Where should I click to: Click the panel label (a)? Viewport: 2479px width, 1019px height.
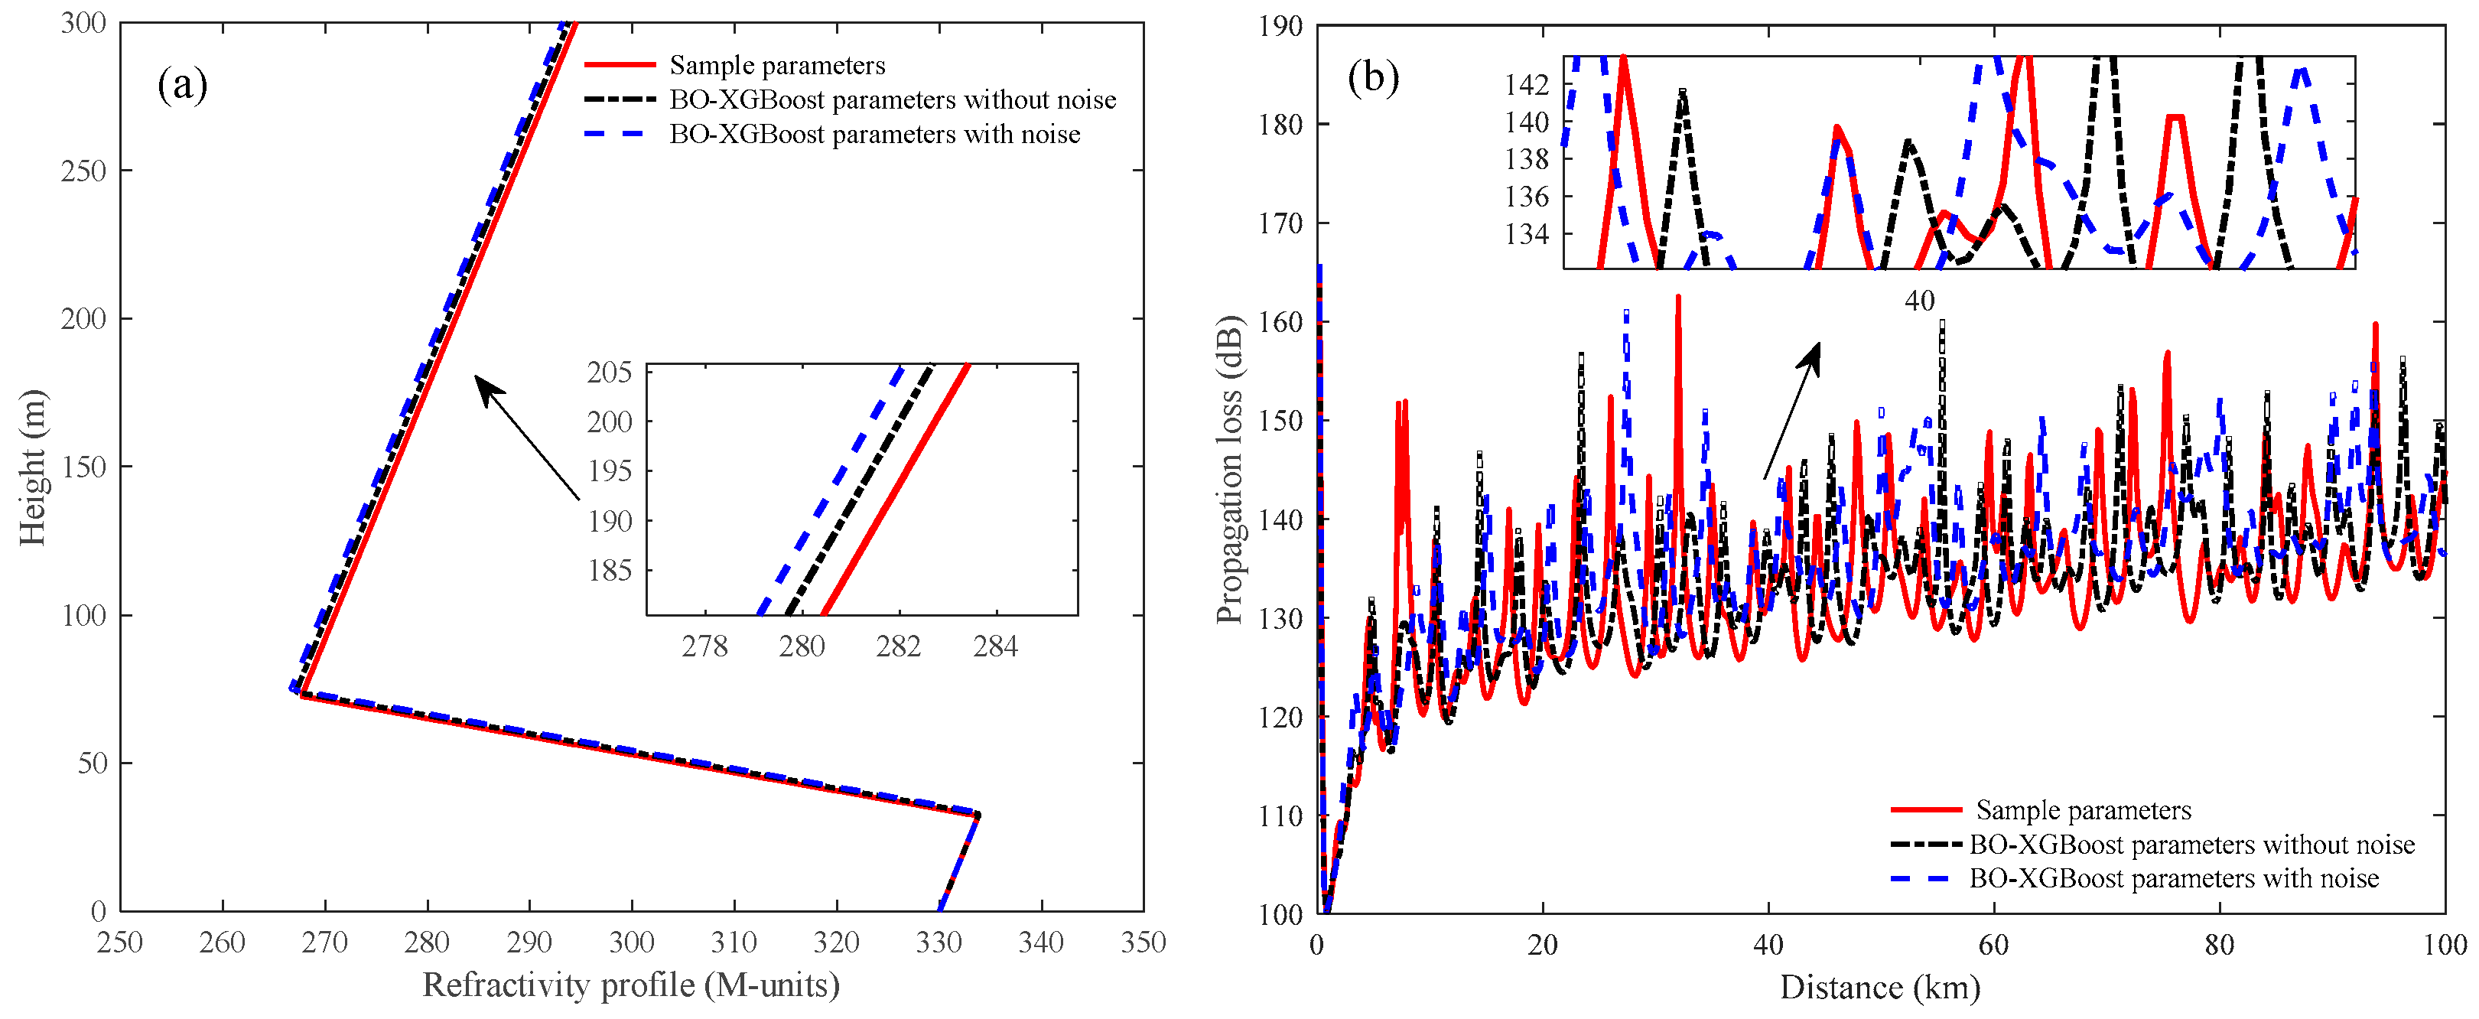click(182, 86)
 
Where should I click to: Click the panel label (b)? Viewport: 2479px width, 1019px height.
click(1372, 78)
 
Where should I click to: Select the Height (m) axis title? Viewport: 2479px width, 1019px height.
click(32, 467)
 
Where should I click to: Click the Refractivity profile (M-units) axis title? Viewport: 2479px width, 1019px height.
click(630, 985)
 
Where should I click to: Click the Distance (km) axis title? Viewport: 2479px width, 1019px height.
click(1879, 987)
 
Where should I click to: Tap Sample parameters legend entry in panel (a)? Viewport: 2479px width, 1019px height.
click(776, 66)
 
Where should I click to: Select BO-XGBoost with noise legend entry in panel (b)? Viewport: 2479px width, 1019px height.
click(2173, 878)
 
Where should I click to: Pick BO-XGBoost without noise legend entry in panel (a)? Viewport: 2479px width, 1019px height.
click(892, 100)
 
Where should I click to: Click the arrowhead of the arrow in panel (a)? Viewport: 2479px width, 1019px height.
click(480, 382)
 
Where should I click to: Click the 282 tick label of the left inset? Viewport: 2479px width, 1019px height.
click(898, 646)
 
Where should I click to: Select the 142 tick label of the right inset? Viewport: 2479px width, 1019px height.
click(1527, 86)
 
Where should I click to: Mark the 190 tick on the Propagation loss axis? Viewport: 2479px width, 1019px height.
click(1280, 26)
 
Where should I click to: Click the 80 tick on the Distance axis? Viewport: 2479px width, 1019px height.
click(2218, 944)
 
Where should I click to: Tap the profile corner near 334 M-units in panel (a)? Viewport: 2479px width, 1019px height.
click(979, 815)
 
